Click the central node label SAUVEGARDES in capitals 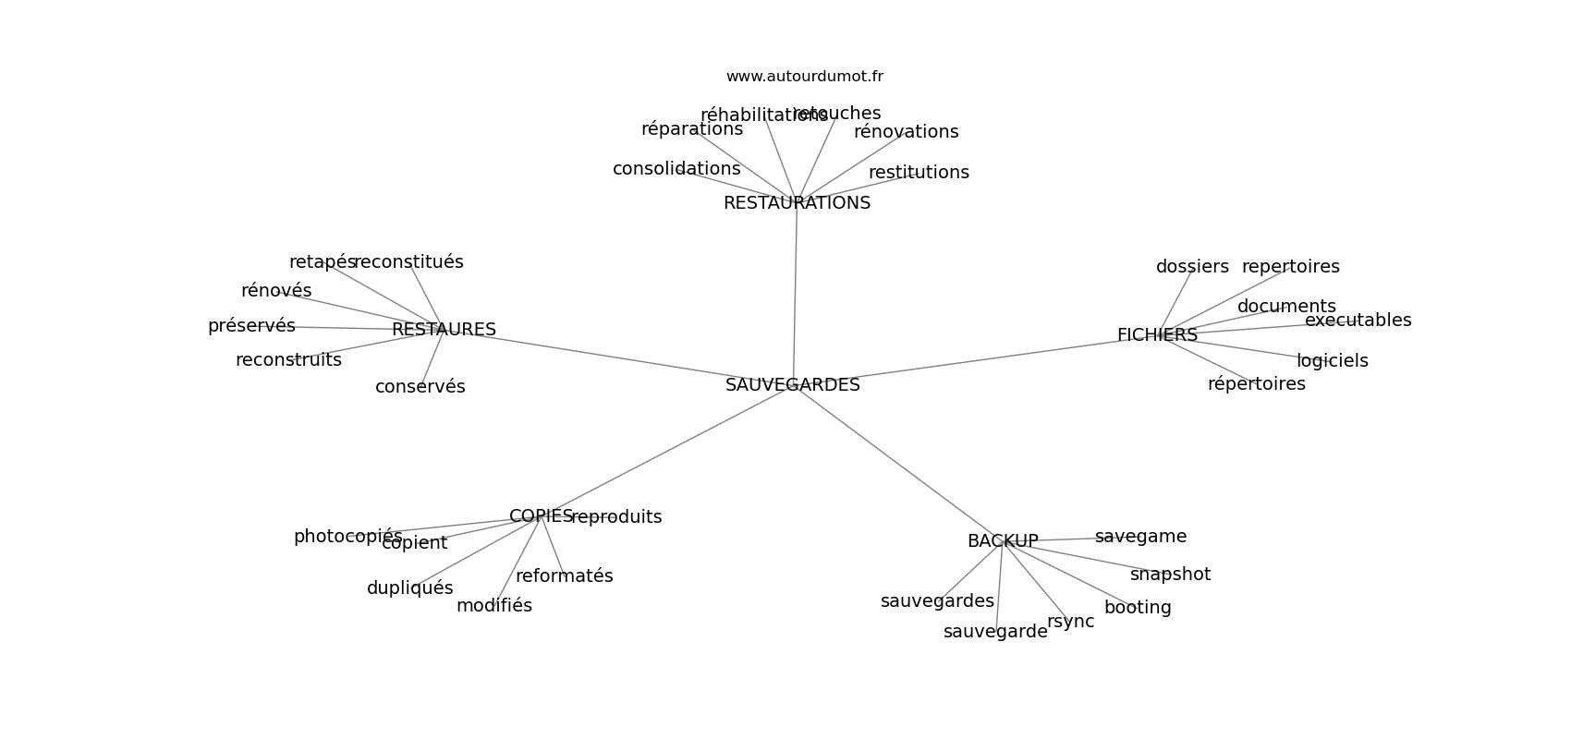[792, 385]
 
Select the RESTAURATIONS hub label [797, 203]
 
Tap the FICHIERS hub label [1157, 335]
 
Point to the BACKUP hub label [1003, 541]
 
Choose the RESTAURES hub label [444, 330]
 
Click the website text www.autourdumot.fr [804, 77]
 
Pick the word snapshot [1170, 575]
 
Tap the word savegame [1140, 537]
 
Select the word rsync [1070, 622]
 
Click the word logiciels [1332, 361]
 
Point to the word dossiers [1192, 267]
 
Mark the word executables [1358, 321]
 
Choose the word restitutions [919, 173]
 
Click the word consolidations [676, 169]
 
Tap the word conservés [420, 387]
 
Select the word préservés [251, 326]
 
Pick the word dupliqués [409, 588]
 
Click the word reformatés [564, 576]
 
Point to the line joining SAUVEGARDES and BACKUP [896, 462]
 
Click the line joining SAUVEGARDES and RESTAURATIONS [796, 296]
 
